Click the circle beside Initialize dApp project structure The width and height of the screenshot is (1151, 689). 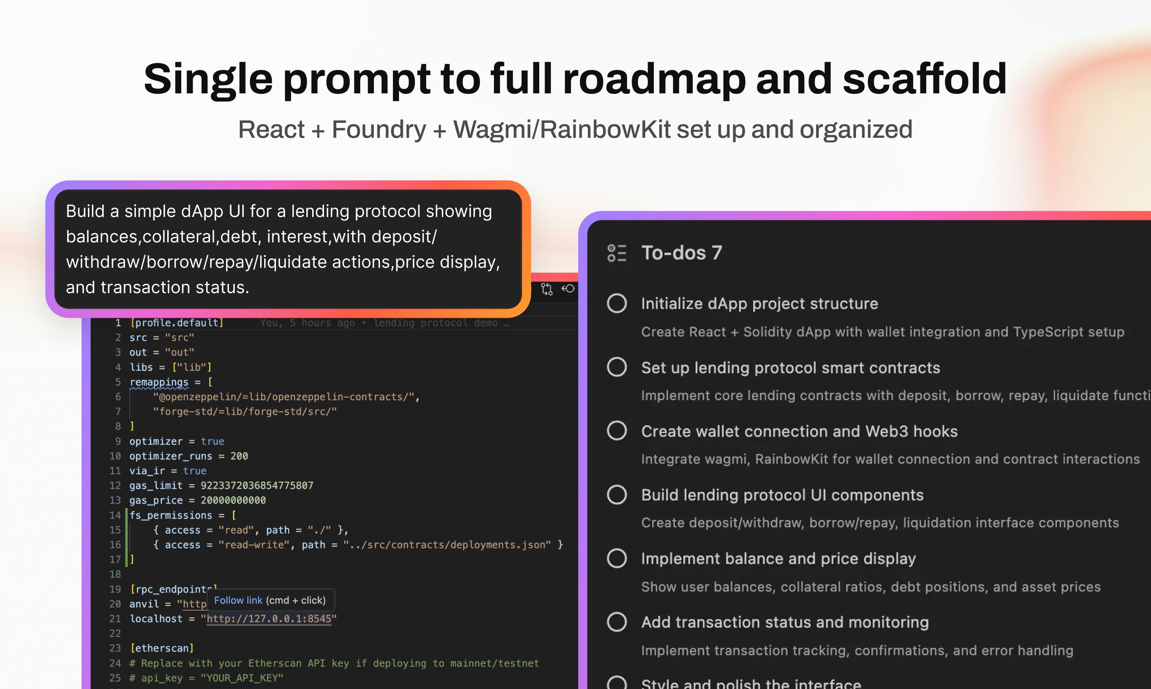coord(617,304)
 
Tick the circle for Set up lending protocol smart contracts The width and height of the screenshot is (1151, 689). coord(617,367)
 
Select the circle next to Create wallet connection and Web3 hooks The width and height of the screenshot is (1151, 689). coord(617,431)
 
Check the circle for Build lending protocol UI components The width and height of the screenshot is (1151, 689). coord(617,495)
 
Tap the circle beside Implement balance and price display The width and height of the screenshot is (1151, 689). coord(617,558)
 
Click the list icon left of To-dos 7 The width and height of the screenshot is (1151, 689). coord(617,253)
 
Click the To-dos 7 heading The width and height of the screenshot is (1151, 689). coord(682,253)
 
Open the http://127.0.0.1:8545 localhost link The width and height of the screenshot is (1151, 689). coord(269,619)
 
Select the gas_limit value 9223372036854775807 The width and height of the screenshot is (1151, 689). coord(256,485)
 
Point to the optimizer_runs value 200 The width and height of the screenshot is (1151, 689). coord(239,456)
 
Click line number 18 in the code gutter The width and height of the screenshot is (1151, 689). coord(115,574)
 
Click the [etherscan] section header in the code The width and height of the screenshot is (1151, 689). coord(161,648)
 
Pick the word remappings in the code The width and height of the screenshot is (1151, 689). coord(159,382)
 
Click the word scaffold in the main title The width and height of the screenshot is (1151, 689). coord(924,79)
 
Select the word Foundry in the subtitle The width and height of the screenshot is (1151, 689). coord(379,130)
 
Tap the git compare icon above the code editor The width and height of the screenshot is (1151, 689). coord(546,289)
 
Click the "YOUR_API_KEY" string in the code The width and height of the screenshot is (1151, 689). coord(242,678)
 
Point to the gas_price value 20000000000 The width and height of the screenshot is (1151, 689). coord(233,500)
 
